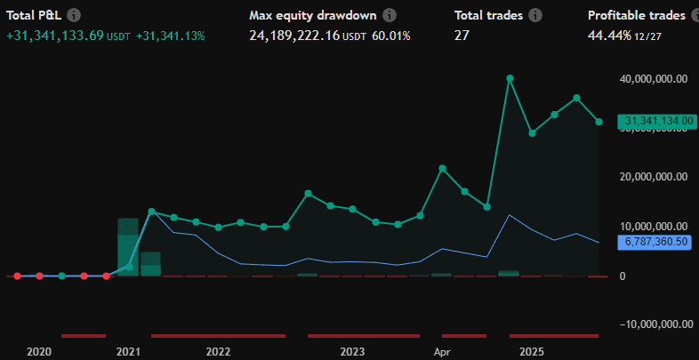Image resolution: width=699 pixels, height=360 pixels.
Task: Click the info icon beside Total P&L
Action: click(74, 15)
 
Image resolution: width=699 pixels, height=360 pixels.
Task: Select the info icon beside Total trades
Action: click(534, 15)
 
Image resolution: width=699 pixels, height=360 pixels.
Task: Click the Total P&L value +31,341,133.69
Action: click(53, 36)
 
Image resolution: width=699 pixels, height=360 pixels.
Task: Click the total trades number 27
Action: click(462, 36)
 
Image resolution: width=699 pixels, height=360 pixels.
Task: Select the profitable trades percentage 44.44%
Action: click(609, 36)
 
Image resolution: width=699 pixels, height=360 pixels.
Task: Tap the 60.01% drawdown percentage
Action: click(391, 36)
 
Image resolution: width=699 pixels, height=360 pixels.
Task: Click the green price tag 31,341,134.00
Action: click(659, 121)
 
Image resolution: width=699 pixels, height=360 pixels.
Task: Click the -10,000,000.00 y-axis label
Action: click(651, 324)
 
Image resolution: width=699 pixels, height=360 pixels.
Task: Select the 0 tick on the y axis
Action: click(623, 276)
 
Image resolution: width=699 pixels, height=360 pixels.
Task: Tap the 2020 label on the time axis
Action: click(40, 351)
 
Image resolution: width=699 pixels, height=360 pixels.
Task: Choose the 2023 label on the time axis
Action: click(353, 351)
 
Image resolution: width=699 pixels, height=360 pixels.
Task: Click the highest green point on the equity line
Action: click(510, 78)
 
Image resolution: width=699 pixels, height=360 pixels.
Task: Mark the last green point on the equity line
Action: click(599, 122)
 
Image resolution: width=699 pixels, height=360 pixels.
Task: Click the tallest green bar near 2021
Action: click(128, 246)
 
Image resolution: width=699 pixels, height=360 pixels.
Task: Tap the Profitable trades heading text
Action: click(637, 15)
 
